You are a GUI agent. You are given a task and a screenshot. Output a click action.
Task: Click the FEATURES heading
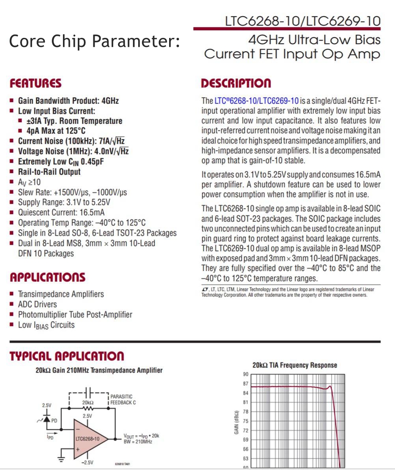36,84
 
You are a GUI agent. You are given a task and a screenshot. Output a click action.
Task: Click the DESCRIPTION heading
236,84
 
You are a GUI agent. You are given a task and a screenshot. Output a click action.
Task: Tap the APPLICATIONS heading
47,277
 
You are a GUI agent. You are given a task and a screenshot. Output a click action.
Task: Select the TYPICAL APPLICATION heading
67,356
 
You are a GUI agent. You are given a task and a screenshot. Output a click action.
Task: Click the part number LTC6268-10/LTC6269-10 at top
302,21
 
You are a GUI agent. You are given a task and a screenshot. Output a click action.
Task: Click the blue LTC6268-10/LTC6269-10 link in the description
256,101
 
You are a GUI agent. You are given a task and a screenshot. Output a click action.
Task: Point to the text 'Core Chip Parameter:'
94,41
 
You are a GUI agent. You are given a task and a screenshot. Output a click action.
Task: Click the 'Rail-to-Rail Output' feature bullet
49,172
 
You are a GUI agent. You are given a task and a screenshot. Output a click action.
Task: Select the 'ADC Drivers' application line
37,304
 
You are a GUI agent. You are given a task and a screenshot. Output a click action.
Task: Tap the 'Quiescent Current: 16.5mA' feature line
61,212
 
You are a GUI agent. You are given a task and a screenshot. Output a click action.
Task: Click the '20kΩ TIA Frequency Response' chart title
294,365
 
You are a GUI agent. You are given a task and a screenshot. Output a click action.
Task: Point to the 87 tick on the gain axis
246,384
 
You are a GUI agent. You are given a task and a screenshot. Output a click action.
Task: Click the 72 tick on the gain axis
246,430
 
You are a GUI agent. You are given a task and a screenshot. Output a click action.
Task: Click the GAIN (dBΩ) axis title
237,422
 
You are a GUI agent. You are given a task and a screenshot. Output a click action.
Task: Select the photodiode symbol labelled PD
46,419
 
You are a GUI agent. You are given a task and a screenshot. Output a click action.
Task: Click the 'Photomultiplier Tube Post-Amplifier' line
75,314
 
